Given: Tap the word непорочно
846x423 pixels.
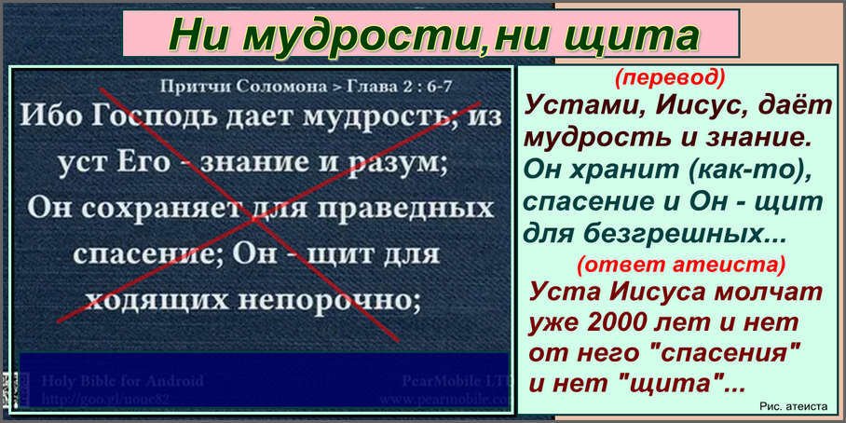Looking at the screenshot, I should pos(341,299).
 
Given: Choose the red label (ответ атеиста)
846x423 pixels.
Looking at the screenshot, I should pos(680,265).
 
